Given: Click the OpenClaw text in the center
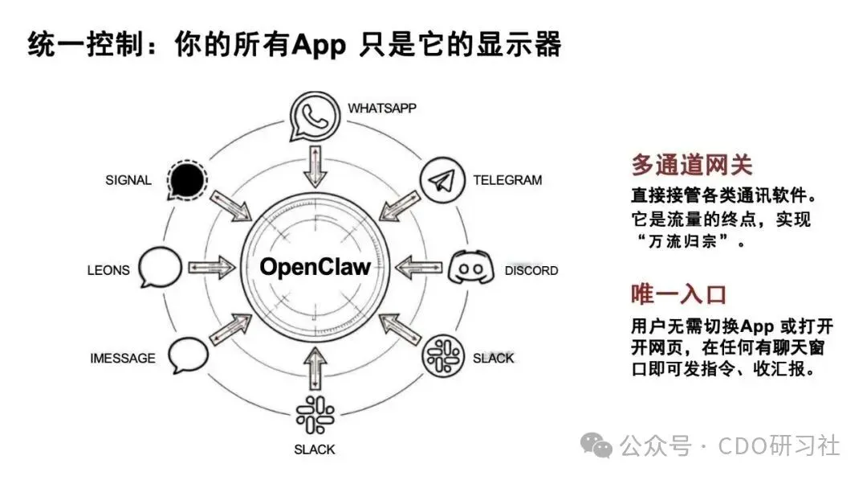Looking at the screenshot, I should pyautogui.click(x=315, y=267).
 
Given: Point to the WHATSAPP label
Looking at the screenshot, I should pyautogui.click(x=382, y=108).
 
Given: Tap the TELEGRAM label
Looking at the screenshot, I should pyautogui.click(x=507, y=180).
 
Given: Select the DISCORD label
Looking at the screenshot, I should pyautogui.click(x=531, y=270).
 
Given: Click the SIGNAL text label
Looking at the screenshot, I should pyautogui.click(x=128, y=180).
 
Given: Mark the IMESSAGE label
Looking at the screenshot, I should pyautogui.click(x=123, y=358).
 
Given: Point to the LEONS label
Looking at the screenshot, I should pyautogui.click(x=108, y=270).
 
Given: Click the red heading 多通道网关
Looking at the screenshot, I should pyautogui.click(x=691, y=166).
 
